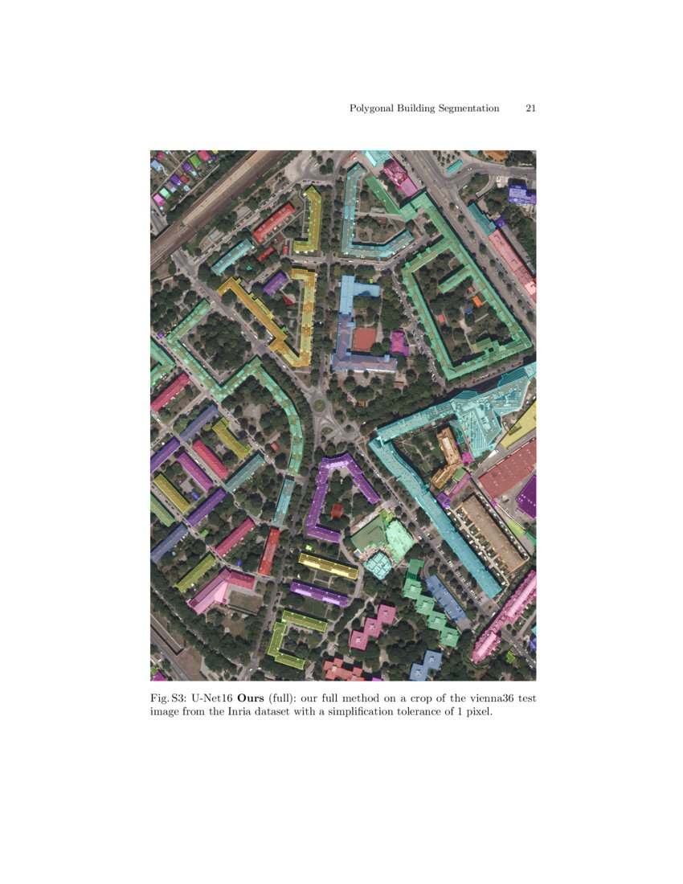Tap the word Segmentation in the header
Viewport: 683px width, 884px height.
[x=467, y=108]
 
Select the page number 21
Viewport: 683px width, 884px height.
[x=530, y=108]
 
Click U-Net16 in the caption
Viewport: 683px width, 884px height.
[x=211, y=698]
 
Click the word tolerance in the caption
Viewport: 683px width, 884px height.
[x=440, y=712]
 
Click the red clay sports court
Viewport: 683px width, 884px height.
[x=364, y=338]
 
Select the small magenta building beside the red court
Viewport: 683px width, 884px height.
[x=399, y=343]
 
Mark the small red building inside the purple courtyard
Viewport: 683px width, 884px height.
[x=337, y=509]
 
